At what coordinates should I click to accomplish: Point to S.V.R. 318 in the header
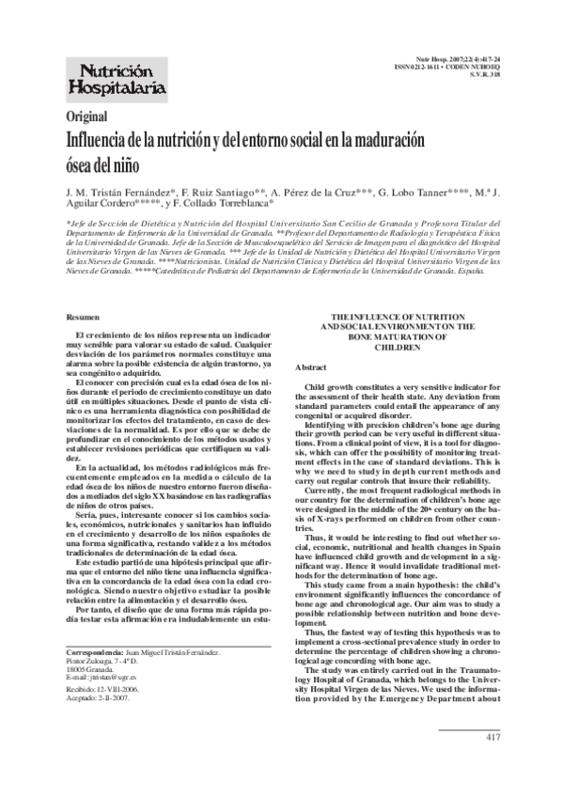coord(482,77)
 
